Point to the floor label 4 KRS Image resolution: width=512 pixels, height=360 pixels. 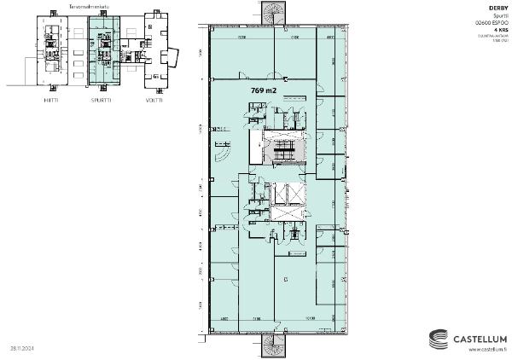tap(502, 28)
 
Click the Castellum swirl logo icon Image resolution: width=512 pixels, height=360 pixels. tap(438, 338)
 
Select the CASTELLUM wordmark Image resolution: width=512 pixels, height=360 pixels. tap(480, 338)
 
